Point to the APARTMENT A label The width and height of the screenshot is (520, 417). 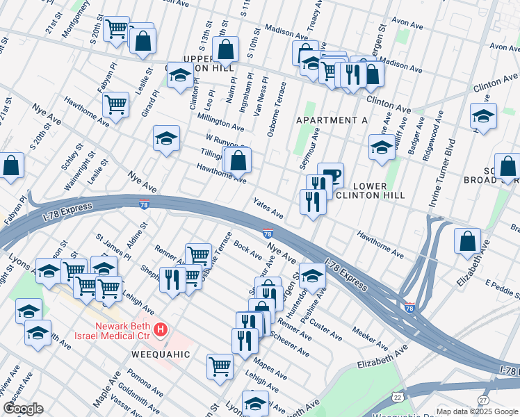click(x=332, y=120)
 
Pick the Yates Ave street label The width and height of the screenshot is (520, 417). click(x=268, y=206)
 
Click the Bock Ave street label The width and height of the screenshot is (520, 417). click(x=247, y=246)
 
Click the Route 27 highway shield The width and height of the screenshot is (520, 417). click(x=482, y=400)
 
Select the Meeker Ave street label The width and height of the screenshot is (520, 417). click(x=370, y=338)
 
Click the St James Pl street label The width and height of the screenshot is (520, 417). click(x=113, y=247)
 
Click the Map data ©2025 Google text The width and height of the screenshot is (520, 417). click(x=477, y=411)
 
